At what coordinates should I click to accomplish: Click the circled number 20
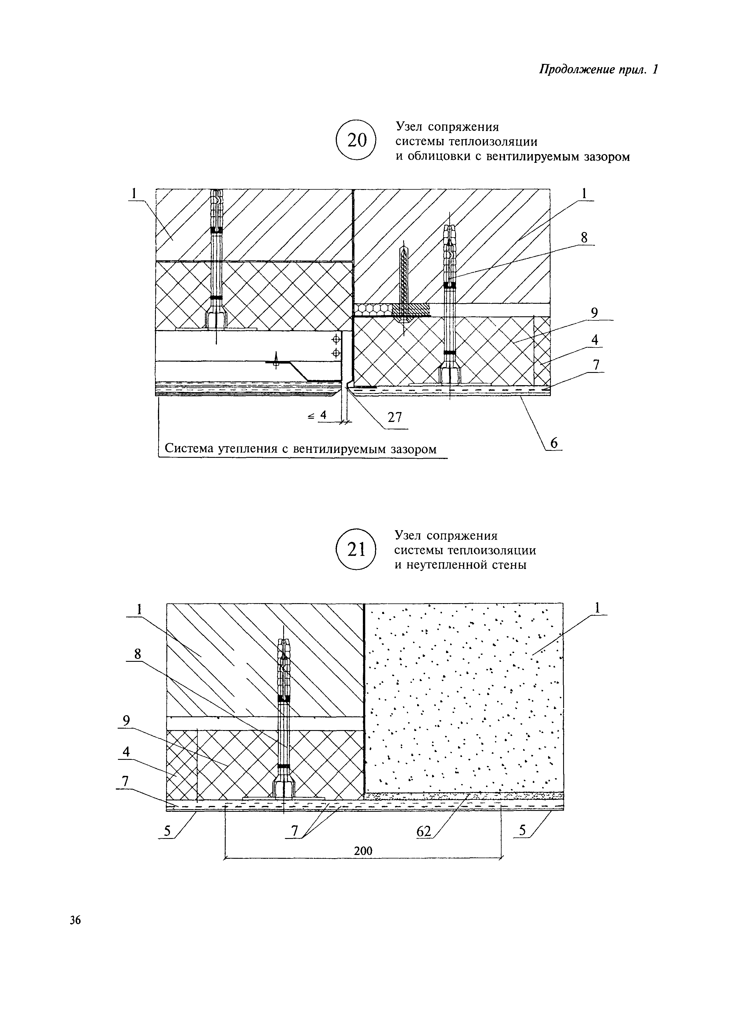click(355, 140)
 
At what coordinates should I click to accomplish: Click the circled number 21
click(355, 550)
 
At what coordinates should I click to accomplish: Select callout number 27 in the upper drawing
click(394, 418)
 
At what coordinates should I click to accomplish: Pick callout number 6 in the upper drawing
click(554, 443)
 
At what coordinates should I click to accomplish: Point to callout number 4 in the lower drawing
click(126, 752)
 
